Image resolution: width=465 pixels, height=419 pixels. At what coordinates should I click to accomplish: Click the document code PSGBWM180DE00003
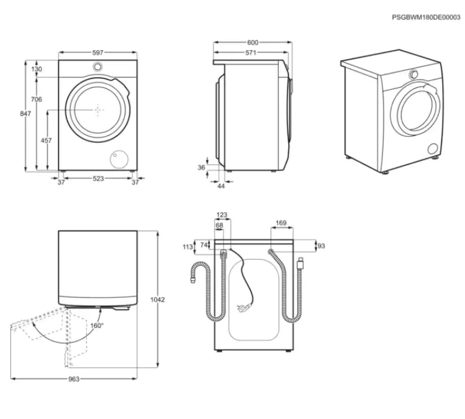[426, 18]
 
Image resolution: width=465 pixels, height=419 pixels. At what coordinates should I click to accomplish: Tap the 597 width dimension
[98, 53]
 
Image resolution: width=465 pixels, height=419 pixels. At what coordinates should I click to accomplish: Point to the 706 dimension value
[36, 99]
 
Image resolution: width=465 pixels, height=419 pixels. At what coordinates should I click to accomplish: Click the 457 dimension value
[46, 140]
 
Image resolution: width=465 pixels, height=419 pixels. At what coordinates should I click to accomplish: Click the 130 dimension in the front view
[37, 69]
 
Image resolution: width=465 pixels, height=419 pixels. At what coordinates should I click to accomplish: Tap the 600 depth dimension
[253, 43]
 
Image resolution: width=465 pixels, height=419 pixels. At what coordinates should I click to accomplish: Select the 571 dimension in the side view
[251, 53]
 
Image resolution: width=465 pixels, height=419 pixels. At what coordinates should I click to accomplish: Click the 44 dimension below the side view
[221, 186]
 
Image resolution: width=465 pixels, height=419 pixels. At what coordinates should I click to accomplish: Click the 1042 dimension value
[158, 300]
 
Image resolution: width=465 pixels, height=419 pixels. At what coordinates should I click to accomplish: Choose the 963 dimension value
[73, 379]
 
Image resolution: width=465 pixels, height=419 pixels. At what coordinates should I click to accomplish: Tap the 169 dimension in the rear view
[281, 223]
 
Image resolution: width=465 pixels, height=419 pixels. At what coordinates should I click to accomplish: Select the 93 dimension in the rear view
[321, 246]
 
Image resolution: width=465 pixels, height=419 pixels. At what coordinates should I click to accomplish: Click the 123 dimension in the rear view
[223, 215]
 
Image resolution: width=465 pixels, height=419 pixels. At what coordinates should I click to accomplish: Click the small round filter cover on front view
[117, 158]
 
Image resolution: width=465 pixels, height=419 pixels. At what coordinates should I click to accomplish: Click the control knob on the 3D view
[414, 74]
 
